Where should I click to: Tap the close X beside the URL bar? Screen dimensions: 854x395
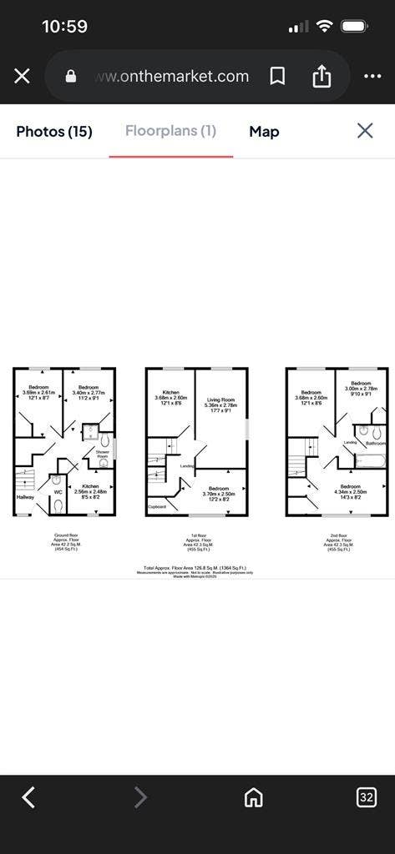click(x=23, y=76)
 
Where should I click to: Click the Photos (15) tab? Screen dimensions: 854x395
click(x=54, y=131)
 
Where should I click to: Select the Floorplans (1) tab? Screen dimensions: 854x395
click(x=170, y=131)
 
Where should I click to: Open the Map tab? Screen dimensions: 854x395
click(x=264, y=131)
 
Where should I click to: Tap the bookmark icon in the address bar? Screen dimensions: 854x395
click(x=277, y=76)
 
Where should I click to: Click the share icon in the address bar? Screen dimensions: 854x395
click(x=322, y=76)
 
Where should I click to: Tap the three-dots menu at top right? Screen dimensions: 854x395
click(x=372, y=76)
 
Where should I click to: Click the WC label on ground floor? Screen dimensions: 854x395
click(x=58, y=492)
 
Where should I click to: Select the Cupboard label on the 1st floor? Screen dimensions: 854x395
click(x=157, y=506)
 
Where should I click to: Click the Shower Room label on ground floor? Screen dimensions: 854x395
click(x=102, y=455)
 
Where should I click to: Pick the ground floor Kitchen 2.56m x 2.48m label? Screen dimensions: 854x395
click(x=91, y=491)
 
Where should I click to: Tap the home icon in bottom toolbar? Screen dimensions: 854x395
click(x=253, y=797)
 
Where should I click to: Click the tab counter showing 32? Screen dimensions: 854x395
click(x=366, y=797)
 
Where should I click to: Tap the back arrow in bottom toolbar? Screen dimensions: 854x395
click(x=28, y=797)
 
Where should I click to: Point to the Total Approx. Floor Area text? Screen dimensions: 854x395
click(x=197, y=568)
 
